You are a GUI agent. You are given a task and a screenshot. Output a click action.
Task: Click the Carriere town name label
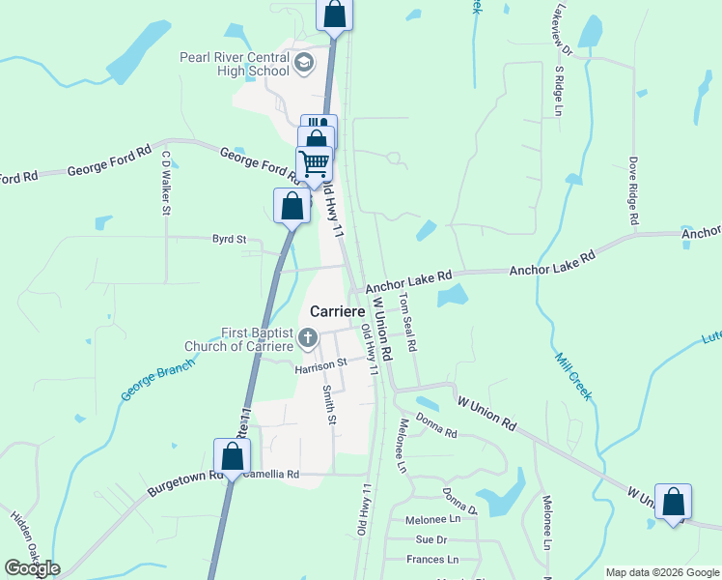coord(336,312)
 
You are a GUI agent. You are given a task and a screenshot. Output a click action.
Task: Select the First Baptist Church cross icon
coord(308,338)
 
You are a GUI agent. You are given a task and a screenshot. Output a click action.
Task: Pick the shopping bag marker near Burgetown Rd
coord(232,456)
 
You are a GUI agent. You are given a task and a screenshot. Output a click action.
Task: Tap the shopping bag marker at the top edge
coord(334,14)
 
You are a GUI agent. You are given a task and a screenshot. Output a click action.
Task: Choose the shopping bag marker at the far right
coord(673,502)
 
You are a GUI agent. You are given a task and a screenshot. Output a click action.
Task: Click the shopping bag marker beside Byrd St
coord(292,206)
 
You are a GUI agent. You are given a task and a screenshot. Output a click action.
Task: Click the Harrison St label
coord(319,365)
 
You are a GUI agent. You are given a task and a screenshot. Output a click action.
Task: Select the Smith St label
coord(330,405)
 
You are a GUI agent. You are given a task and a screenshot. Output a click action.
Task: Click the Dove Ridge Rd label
coord(634,190)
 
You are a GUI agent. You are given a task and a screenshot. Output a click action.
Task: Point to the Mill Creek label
coord(571,376)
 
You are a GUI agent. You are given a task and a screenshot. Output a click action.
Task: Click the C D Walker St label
coord(166,181)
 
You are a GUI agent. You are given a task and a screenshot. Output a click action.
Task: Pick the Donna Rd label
coord(436,426)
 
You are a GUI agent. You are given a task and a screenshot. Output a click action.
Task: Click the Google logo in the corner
coord(32,568)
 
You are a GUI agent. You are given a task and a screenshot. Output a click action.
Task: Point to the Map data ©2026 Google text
coord(661,572)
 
